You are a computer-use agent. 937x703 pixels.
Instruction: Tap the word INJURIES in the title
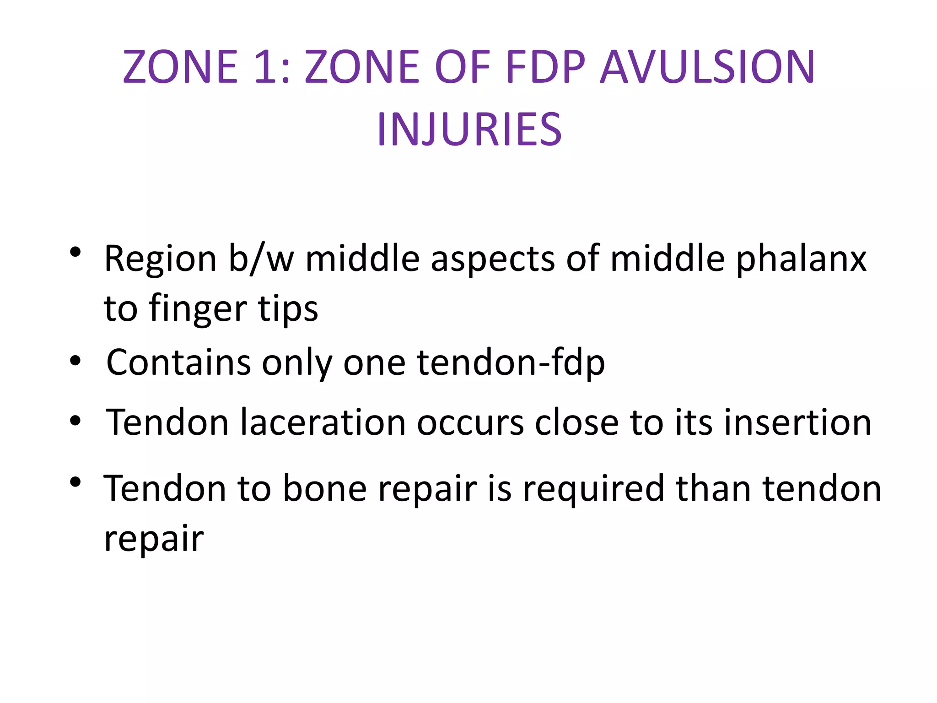click(x=469, y=130)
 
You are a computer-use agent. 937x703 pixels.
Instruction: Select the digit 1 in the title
click(x=265, y=67)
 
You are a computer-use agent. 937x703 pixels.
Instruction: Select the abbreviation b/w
click(x=261, y=259)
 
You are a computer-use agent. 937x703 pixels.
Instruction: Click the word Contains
click(x=178, y=362)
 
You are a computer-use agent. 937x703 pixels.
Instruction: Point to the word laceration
click(x=323, y=422)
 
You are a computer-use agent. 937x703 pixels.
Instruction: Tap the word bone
click(x=325, y=488)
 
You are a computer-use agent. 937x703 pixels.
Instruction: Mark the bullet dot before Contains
click(x=75, y=361)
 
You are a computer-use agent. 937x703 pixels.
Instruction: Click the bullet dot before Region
click(x=75, y=252)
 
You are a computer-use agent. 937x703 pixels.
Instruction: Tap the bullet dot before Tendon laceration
click(x=75, y=421)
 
